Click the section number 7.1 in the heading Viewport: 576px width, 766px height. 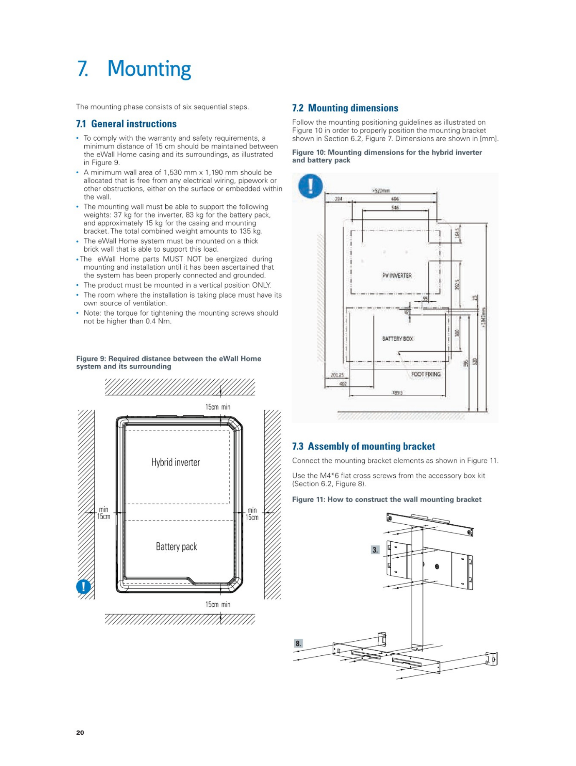[81, 124]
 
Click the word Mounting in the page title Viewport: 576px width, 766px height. [149, 69]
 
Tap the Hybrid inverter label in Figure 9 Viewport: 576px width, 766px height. [175, 463]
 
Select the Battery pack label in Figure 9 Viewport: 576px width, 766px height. [176, 547]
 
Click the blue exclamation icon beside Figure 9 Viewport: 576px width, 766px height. [83, 587]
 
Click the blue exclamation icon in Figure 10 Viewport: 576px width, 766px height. [311, 186]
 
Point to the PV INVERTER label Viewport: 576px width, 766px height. [397, 276]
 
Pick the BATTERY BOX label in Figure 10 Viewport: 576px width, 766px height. [397, 339]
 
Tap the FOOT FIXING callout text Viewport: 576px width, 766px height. [426, 374]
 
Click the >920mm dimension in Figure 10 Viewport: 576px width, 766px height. [381, 191]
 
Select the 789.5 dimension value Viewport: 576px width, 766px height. [397, 393]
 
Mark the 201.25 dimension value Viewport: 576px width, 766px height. [337, 375]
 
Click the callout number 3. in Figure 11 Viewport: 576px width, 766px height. [375, 550]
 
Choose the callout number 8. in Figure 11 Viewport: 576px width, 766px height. [298, 643]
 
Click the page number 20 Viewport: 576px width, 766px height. [80, 732]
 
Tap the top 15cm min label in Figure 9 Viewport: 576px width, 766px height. [217, 407]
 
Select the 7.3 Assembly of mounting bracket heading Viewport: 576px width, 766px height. [364, 446]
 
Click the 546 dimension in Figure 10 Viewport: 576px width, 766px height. [395, 207]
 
